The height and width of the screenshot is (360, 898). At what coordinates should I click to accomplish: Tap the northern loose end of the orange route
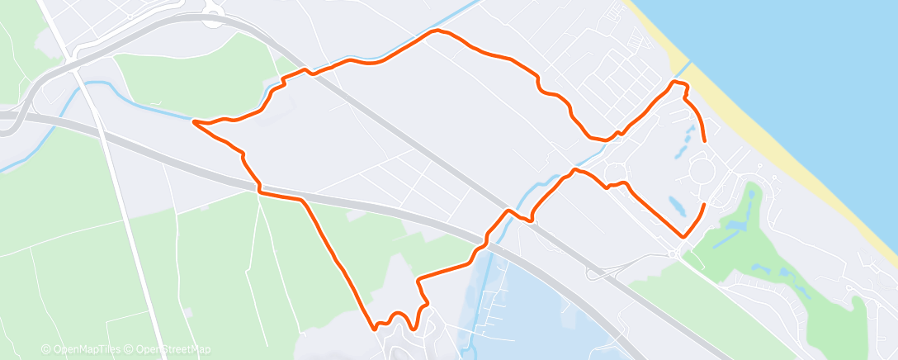704,141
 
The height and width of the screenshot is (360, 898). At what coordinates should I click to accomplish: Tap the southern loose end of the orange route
704,204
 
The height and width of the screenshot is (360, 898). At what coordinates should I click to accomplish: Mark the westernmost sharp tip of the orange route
193,122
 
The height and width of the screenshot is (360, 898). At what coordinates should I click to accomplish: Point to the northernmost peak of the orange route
437,31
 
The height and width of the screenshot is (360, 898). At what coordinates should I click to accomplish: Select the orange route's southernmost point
376,329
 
